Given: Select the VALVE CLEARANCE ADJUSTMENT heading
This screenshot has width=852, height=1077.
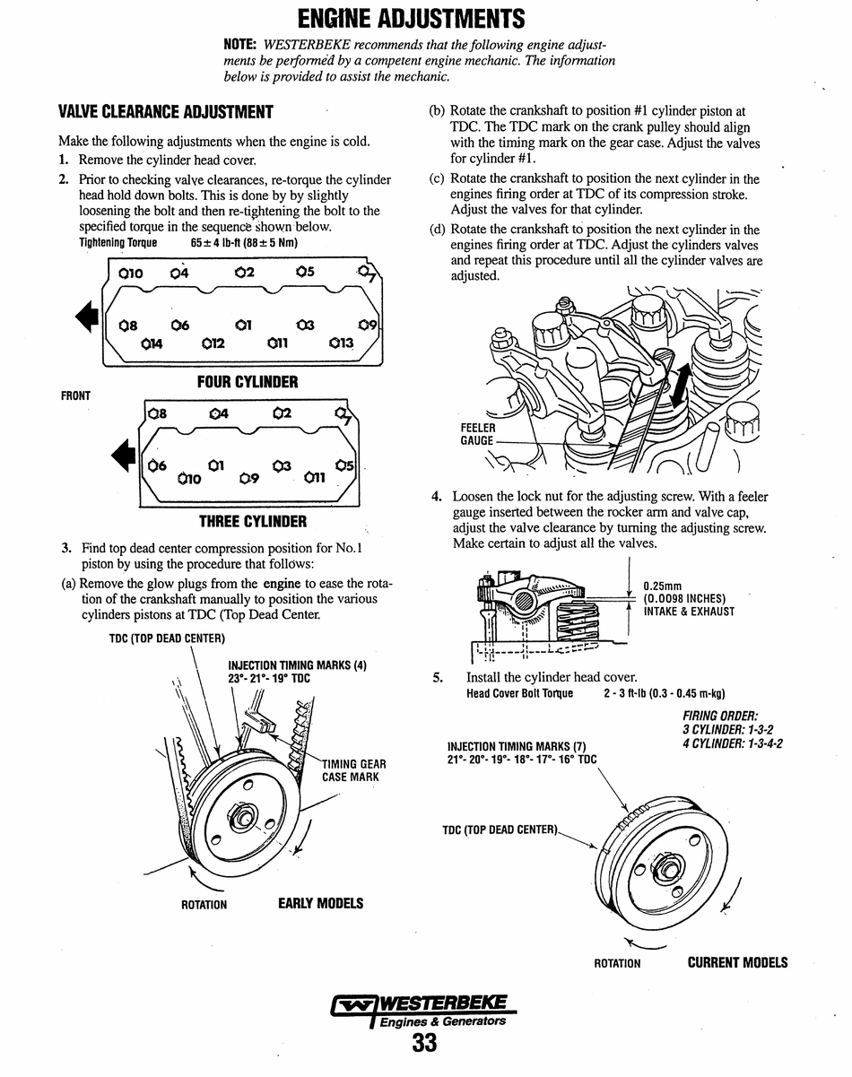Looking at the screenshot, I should point(166,112).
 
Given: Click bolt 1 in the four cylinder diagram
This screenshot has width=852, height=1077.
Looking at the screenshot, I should point(242,325).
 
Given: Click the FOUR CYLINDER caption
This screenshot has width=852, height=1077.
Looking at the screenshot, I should point(248,382).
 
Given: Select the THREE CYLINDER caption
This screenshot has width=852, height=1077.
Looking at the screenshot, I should point(252,521).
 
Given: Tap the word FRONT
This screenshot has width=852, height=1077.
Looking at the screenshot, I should point(75,395).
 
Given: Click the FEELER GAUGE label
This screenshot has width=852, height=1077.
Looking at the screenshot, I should point(476,435).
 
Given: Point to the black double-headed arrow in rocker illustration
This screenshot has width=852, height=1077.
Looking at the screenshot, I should point(678,391).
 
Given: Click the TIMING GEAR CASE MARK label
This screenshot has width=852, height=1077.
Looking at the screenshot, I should point(353,770).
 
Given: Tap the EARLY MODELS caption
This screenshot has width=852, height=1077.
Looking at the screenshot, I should point(320,903).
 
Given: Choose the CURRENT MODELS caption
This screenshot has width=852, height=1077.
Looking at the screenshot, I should point(737,962).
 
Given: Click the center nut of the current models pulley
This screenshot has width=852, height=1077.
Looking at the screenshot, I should point(668,868).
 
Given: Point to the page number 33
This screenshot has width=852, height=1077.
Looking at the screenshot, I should point(424,1043).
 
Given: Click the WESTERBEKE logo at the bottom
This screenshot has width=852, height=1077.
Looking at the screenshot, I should point(421,1009).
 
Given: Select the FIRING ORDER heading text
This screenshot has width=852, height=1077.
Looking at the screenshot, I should point(720,716).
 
